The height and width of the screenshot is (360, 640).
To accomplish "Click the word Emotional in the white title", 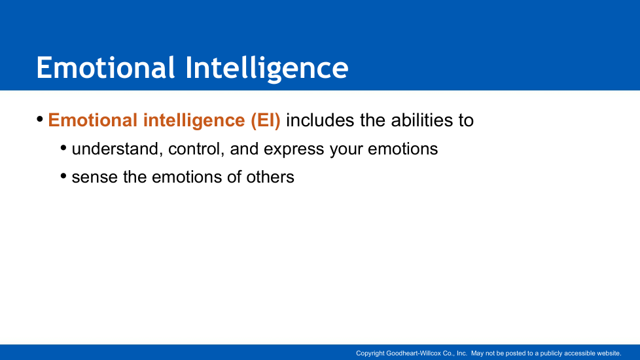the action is pos(106,67).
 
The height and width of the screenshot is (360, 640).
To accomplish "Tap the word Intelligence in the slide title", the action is pos(267,69).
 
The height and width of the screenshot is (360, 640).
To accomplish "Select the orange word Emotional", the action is pos(93,120).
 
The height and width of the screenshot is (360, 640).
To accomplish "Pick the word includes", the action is pos(320,120).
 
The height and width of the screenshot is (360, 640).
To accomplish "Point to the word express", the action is pos(294,150).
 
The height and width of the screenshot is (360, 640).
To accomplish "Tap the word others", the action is pos(270,177).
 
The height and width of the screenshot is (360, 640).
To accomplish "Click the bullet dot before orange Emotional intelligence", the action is pos(40,119).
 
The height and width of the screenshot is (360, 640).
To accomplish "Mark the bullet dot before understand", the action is pos(63,148).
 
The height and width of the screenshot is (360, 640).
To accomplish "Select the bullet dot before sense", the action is pos(63,176).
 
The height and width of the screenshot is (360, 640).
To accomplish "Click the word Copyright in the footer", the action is pos(370,353).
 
